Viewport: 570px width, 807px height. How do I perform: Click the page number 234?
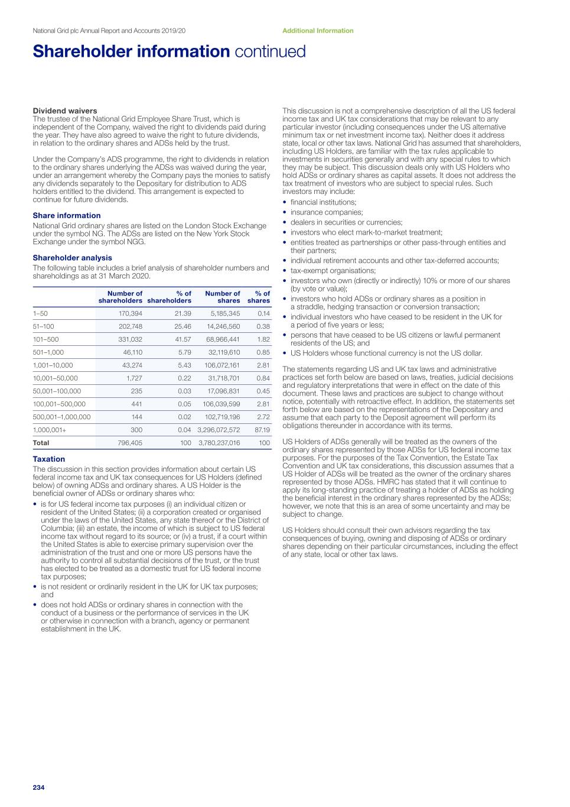pos(38,787)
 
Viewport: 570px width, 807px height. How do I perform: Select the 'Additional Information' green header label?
pos(318,31)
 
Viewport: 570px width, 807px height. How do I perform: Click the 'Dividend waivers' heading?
pos(65,111)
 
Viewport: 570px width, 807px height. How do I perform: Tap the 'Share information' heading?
pos(67,215)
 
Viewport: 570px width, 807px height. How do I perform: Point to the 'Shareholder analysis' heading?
pos(72,258)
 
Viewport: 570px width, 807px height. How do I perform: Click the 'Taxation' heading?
pos(49,459)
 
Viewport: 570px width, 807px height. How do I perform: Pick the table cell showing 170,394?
pos(131,313)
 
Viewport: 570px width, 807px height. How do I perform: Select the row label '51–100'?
pos(44,326)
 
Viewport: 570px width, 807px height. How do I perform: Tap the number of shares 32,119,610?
pos(224,352)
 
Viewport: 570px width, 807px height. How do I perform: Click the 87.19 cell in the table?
pos(262,430)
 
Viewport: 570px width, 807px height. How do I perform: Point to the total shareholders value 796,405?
pos(130,443)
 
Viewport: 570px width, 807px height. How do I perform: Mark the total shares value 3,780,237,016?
pos(219,443)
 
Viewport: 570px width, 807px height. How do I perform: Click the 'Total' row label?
pos(41,443)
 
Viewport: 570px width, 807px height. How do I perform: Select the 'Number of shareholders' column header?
pos(120,297)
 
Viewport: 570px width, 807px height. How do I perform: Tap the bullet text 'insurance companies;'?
pos(327,212)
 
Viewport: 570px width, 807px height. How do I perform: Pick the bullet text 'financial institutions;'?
pos(323,202)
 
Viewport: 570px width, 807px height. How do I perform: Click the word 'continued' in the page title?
pos(271,51)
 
